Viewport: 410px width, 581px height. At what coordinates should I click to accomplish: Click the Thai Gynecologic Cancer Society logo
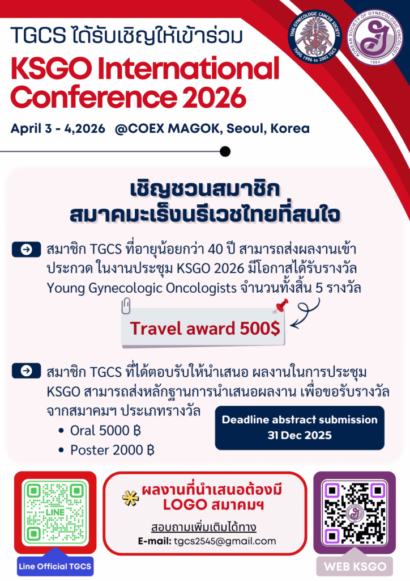pos(315,36)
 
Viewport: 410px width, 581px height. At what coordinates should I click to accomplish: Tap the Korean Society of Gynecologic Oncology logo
pos(374,37)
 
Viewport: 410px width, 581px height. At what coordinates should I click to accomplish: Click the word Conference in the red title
pos(94,98)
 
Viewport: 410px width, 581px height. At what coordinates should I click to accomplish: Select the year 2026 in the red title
pos(215,98)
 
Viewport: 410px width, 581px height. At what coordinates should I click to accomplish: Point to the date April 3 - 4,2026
pos(58,129)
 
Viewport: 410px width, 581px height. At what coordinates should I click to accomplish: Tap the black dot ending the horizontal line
pos(225,151)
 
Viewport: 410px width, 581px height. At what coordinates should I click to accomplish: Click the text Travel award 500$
pos(205,329)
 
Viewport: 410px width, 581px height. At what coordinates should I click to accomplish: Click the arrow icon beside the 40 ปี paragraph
pos(26,250)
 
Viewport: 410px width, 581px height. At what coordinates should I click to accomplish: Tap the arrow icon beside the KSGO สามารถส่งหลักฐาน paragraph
pos(26,371)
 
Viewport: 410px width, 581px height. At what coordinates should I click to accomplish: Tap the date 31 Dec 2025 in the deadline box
pos(300,435)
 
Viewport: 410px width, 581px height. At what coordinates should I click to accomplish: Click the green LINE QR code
pos(55,512)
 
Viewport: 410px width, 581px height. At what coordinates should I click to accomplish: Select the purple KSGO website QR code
pos(355,513)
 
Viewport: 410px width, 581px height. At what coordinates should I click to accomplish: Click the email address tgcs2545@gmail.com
pos(225,541)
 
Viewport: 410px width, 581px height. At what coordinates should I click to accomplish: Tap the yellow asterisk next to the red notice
pos(130,498)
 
